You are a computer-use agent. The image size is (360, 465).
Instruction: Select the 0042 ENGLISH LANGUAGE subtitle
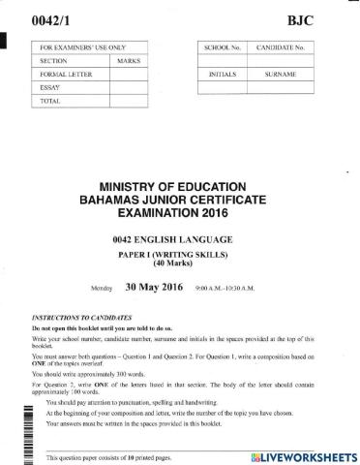[x=180, y=238]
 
